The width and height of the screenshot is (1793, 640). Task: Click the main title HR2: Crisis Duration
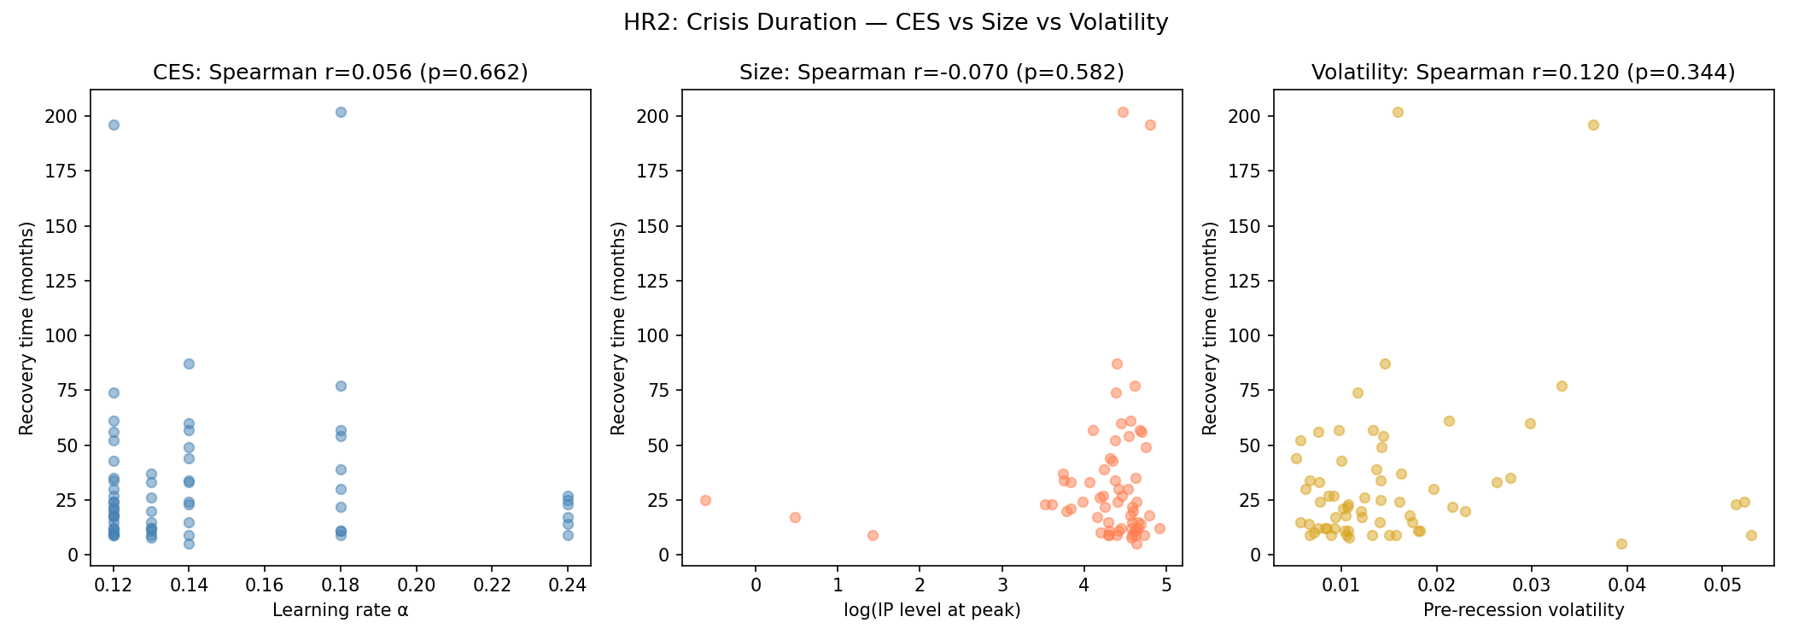click(896, 22)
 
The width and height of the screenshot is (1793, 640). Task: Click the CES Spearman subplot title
click(340, 73)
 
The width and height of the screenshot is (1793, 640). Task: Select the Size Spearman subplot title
click(932, 73)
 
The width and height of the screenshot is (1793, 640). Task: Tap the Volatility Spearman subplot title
click(1523, 73)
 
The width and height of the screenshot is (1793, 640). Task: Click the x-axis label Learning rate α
click(340, 610)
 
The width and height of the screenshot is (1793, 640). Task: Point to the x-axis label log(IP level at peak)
click(932, 610)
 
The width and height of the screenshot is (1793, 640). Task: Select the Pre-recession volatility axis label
click(1523, 610)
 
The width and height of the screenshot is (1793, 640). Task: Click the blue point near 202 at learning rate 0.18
click(341, 112)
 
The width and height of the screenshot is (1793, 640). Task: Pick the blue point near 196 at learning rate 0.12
click(114, 125)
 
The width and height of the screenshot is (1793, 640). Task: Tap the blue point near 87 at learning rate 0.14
click(189, 364)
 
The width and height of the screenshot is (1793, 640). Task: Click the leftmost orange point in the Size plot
click(705, 500)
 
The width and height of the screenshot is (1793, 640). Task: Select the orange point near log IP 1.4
click(873, 535)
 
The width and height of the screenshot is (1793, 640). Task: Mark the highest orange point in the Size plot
click(1123, 112)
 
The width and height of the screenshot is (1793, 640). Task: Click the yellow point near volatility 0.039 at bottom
click(1621, 544)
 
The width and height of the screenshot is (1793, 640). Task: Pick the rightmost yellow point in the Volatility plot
click(1751, 535)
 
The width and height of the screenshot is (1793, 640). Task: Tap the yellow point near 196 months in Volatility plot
click(1593, 125)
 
